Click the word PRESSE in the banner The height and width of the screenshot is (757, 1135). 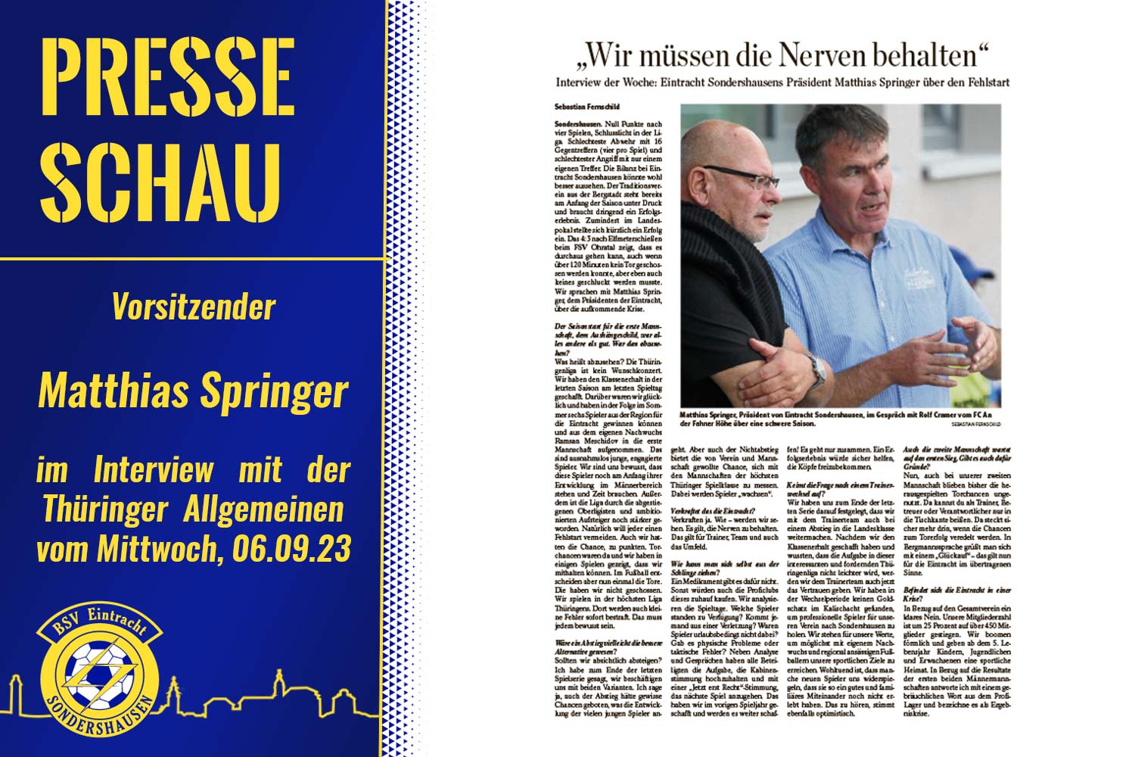click(167, 77)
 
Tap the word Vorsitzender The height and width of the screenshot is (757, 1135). click(194, 307)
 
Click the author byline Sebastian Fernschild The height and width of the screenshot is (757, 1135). click(586, 107)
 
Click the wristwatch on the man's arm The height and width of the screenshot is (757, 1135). click(818, 370)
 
